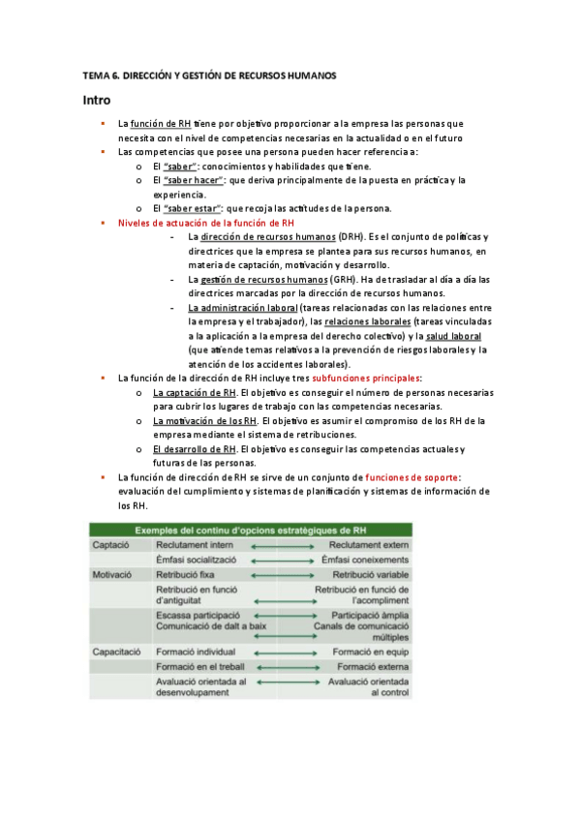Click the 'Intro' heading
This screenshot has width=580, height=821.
97,101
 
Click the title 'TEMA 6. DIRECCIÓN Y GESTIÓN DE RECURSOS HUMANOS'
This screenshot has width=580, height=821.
209,76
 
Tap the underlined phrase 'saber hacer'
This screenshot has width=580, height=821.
194,180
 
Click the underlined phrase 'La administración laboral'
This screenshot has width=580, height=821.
243,308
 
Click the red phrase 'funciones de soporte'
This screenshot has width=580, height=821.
412,477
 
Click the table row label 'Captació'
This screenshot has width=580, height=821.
111,545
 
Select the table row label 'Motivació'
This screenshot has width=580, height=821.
114,573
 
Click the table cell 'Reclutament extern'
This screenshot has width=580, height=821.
369,545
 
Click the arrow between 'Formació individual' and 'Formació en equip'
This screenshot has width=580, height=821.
285,653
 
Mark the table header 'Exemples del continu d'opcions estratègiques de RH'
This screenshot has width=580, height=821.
250,531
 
